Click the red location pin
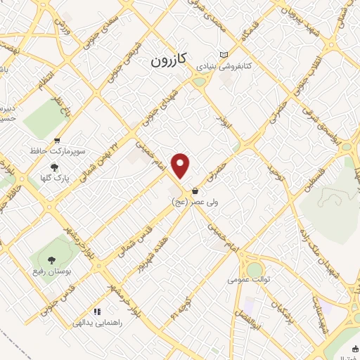181,165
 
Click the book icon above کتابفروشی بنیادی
224,55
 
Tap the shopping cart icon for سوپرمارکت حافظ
56,141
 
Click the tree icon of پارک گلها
55,167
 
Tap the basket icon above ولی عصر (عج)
194,191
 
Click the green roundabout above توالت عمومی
254,269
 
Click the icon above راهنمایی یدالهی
98,311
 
